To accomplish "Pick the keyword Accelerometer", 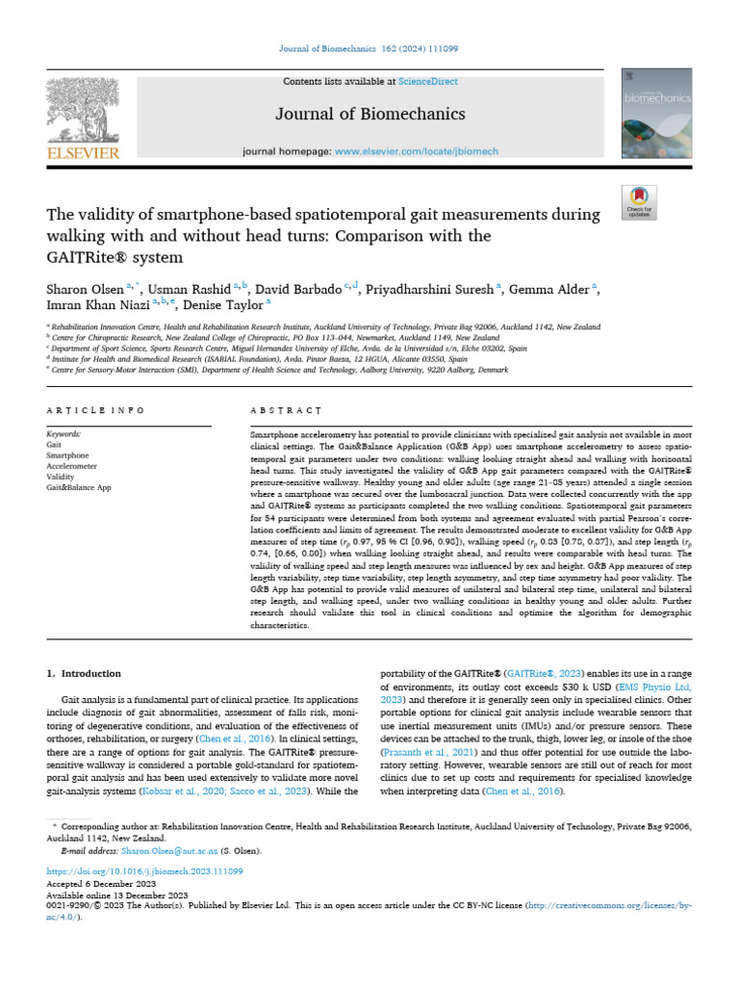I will point(71,465).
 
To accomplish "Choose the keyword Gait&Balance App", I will point(79,487).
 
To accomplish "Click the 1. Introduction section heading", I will point(85,673).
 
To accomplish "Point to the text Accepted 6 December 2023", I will point(96,882).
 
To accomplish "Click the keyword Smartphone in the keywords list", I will point(67,454).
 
